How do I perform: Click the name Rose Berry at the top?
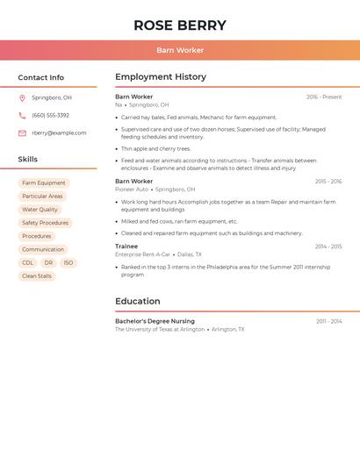click(180, 25)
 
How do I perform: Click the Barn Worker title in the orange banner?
click(180, 50)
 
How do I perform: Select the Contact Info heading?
click(41, 77)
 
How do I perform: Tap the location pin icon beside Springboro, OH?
click(22, 98)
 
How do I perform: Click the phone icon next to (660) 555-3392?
click(22, 115)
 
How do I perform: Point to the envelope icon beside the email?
click(22, 133)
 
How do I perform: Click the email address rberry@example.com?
click(59, 133)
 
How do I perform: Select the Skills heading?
click(28, 160)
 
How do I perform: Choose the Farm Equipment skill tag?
click(44, 183)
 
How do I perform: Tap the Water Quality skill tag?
click(40, 210)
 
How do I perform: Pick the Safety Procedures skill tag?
click(45, 223)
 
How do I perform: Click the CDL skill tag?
click(27, 263)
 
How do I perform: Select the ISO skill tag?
click(68, 263)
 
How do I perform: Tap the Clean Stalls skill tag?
click(37, 276)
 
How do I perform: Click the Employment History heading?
click(161, 77)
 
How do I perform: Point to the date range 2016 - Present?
click(324, 97)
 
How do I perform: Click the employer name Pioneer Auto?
click(132, 190)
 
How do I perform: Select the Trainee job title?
click(126, 247)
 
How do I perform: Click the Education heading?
click(138, 301)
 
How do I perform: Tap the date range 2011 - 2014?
click(329, 321)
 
